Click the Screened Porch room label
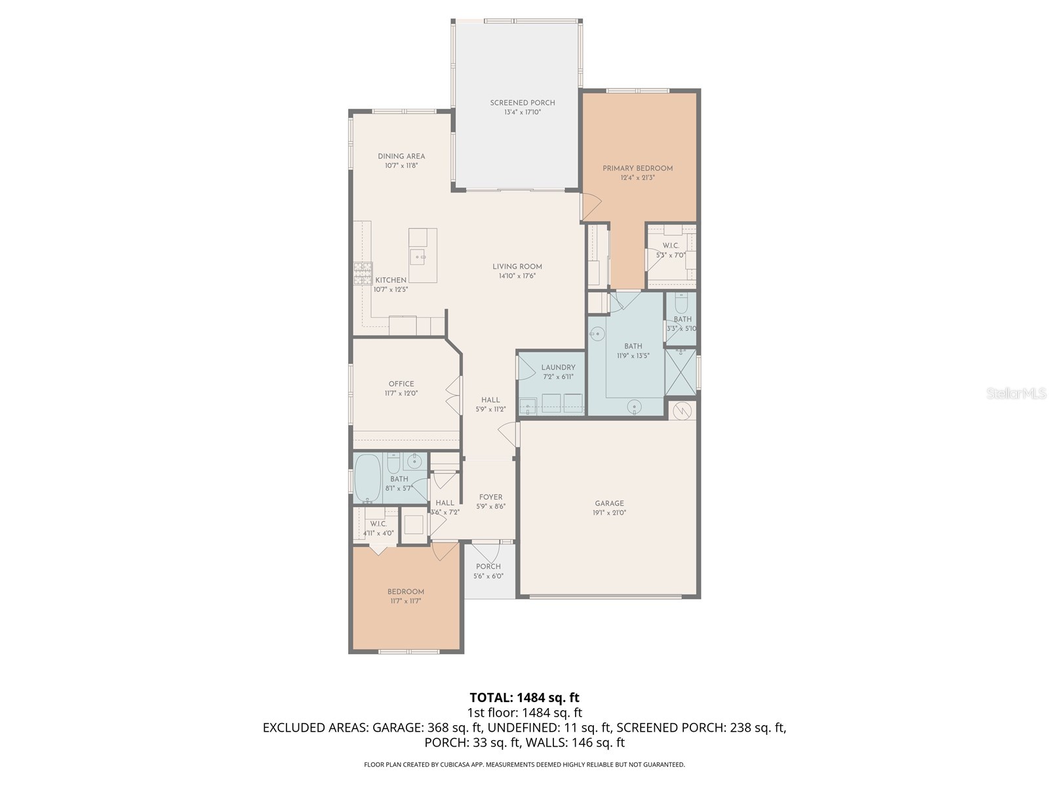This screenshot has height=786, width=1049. [523, 103]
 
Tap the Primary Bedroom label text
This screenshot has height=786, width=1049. [637, 168]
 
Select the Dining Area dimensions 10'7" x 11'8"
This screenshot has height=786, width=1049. [401, 166]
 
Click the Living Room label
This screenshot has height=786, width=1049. [517, 267]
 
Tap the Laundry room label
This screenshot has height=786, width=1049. [558, 367]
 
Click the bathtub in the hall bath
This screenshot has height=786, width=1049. [368, 478]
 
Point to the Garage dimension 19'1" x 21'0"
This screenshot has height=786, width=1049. [609, 514]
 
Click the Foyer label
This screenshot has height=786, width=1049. [490, 497]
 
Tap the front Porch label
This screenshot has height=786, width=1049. [488, 567]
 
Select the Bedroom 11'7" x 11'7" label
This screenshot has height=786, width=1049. [405, 592]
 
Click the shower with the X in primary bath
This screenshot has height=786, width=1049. [681, 373]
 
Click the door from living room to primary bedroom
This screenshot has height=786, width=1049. [591, 208]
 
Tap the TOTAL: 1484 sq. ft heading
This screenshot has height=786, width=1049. [524, 698]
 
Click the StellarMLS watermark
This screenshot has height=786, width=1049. [1016, 394]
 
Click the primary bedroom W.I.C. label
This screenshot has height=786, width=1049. [670, 246]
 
